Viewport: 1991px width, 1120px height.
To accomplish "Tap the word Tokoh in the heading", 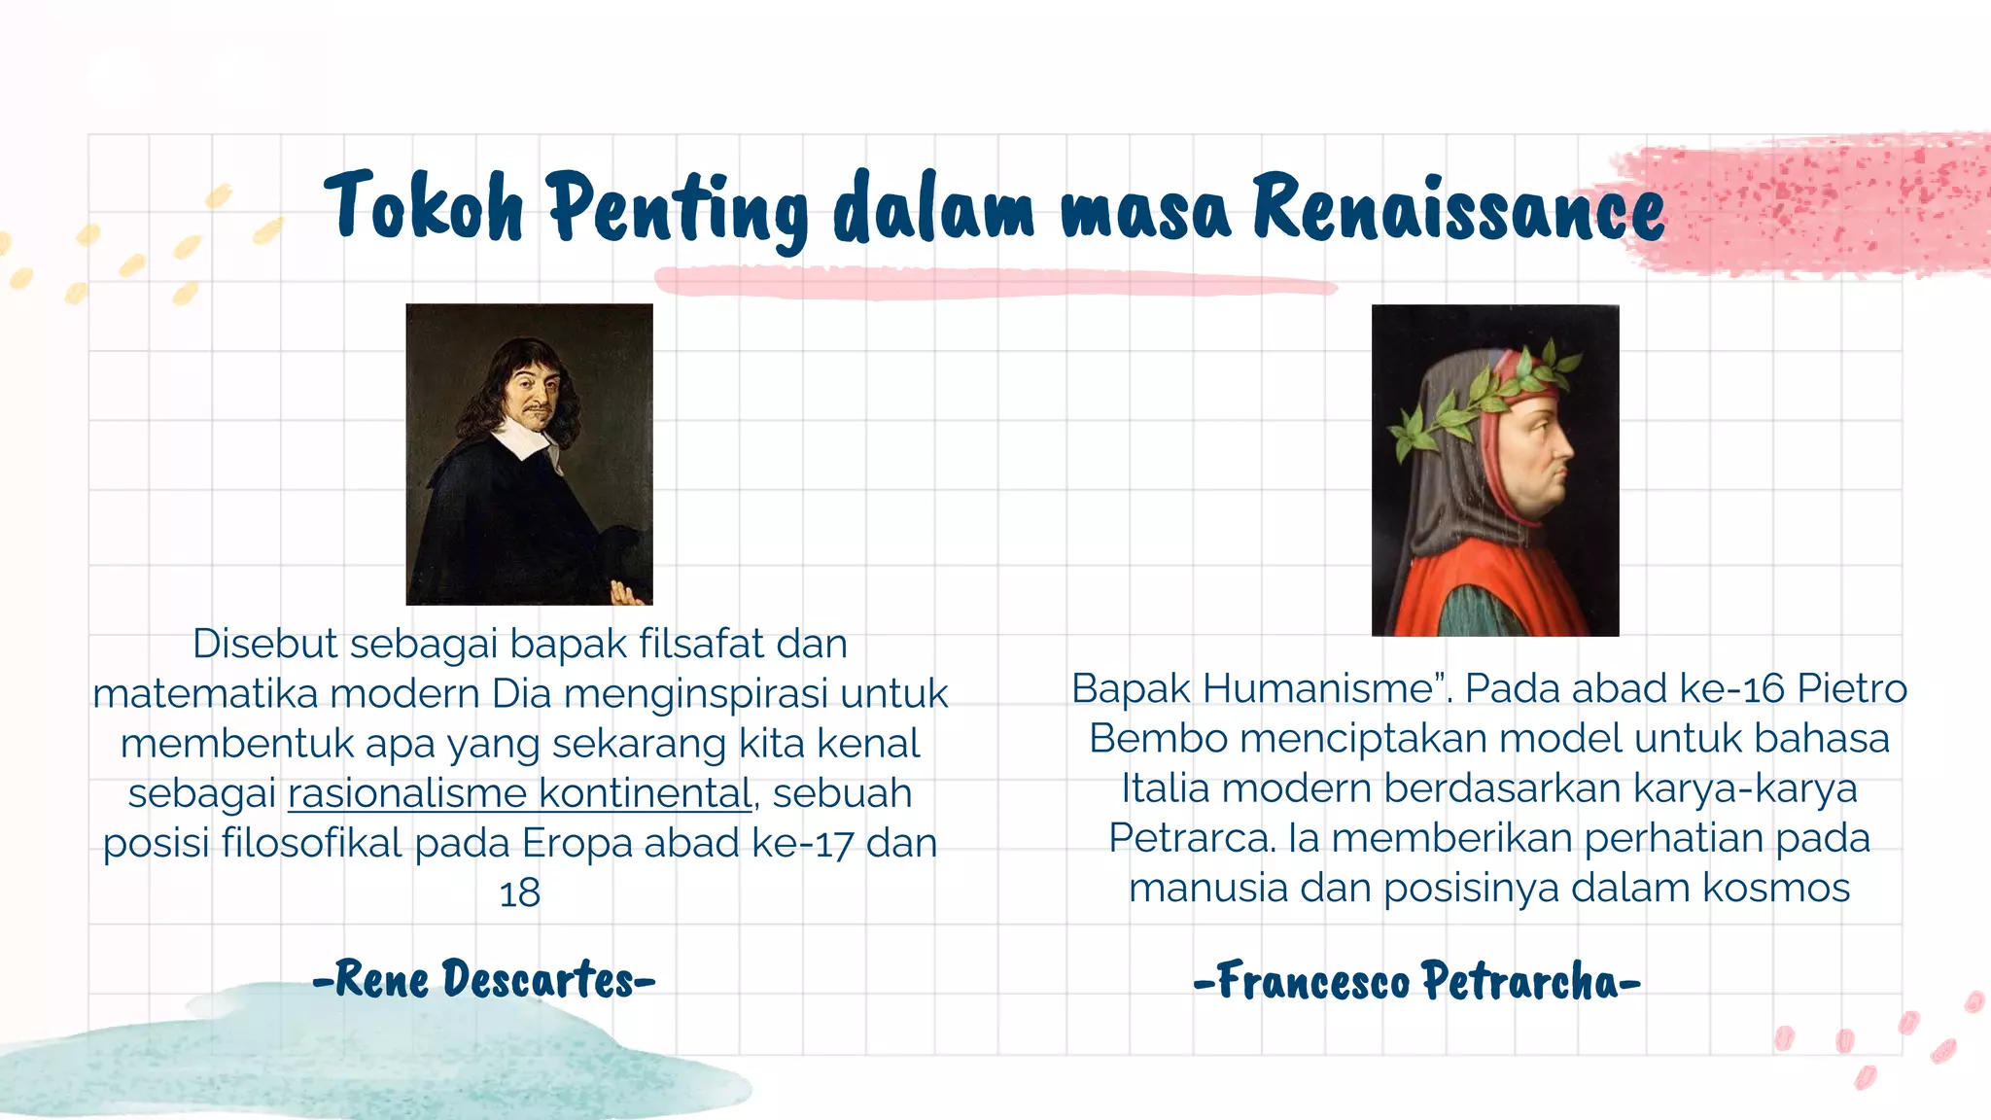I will (425, 206).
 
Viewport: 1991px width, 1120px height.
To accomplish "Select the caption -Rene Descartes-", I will (484, 979).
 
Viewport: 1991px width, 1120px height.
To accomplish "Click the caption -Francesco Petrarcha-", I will (1416, 981).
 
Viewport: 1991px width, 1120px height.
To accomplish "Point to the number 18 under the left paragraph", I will (519, 892).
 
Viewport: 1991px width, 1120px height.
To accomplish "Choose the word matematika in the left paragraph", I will (205, 694).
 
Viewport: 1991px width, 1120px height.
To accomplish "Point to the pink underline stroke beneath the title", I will (992, 283).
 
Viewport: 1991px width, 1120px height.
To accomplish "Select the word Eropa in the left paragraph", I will (576, 843).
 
